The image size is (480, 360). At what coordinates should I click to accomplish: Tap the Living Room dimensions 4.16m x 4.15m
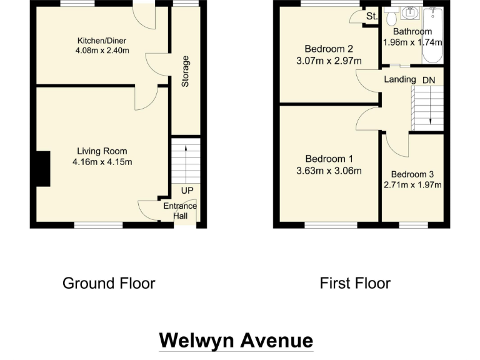[x=102, y=162]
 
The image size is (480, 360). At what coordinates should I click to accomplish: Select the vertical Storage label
[x=185, y=71]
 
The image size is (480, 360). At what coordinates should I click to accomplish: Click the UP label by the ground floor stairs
[x=186, y=191]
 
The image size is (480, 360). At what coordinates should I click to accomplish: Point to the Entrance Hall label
[x=180, y=211]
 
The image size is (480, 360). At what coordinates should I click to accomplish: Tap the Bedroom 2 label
[x=329, y=49]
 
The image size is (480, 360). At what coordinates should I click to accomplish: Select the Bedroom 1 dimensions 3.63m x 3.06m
[x=329, y=170]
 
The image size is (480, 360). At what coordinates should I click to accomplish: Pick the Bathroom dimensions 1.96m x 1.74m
[x=412, y=42]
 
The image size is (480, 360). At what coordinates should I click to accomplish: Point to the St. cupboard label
[x=372, y=16]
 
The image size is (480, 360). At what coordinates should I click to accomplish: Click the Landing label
[x=400, y=79]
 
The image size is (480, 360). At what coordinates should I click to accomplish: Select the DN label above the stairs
[x=429, y=79]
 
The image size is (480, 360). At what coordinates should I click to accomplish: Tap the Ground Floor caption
[x=109, y=283]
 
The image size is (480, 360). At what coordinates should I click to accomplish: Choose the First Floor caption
[x=355, y=283]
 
